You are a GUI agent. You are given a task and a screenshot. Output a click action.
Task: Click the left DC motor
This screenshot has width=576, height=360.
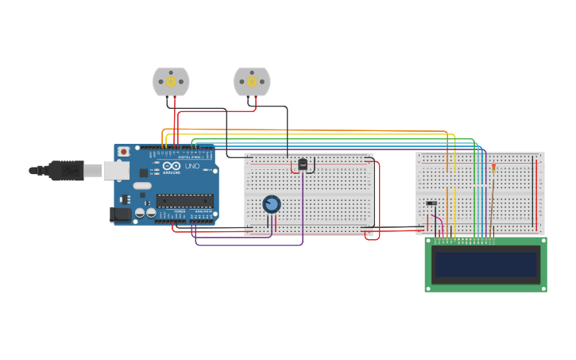coord(171,81)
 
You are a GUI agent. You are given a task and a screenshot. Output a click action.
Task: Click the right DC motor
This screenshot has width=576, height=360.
coord(252,81)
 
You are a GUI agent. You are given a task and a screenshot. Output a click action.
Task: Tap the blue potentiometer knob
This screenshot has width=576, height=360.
coord(272,204)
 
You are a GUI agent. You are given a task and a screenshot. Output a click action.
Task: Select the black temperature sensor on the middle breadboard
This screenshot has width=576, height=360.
coord(303,165)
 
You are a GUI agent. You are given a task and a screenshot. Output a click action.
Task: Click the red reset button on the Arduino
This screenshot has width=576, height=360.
coord(123,152)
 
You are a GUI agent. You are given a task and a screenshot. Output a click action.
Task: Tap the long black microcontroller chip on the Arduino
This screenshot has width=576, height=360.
coord(185,200)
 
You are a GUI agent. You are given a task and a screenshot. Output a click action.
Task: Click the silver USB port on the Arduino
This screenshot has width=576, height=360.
coord(116,170)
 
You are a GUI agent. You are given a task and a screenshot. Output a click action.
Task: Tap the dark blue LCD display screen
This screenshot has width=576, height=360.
coord(485,265)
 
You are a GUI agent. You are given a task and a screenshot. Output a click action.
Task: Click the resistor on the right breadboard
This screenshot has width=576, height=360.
coord(493,168)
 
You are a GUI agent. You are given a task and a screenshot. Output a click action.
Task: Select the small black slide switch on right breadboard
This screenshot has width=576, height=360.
coord(431,203)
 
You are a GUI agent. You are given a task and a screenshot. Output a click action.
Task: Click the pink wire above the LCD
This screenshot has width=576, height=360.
coord(440,222)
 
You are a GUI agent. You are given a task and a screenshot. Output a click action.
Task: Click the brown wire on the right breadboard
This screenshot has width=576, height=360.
coord(491,207)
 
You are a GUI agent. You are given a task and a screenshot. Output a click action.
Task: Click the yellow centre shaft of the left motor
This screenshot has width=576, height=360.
coord(171,81)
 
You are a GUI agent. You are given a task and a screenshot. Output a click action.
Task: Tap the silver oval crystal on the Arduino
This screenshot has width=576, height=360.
coord(142,186)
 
